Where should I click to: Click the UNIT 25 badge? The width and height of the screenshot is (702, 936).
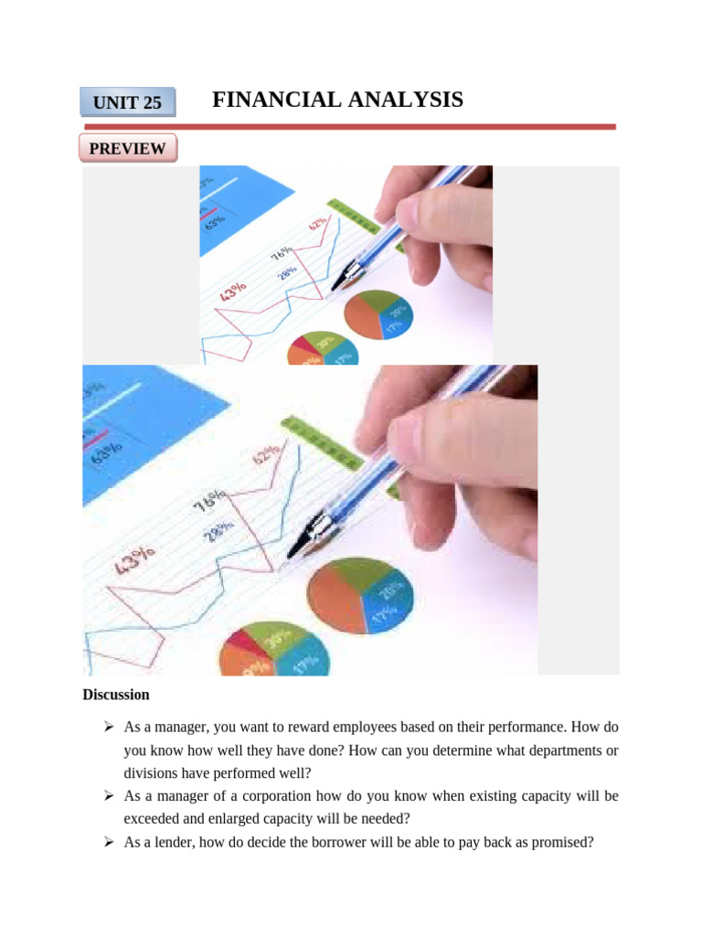click(127, 102)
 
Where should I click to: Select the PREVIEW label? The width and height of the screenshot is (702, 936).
click(127, 148)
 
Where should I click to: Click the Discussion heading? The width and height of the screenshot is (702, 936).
click(116, 695)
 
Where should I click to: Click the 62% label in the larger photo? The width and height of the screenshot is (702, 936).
click(266, 453)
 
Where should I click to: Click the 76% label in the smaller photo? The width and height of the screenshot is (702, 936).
click(282, 253)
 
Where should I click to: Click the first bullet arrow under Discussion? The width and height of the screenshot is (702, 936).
click(107, 727)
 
